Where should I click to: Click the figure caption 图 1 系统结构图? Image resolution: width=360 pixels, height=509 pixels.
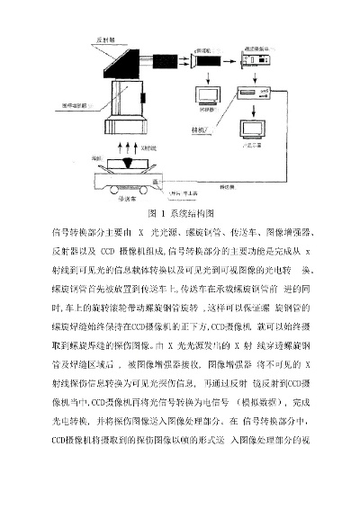[180, 217]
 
